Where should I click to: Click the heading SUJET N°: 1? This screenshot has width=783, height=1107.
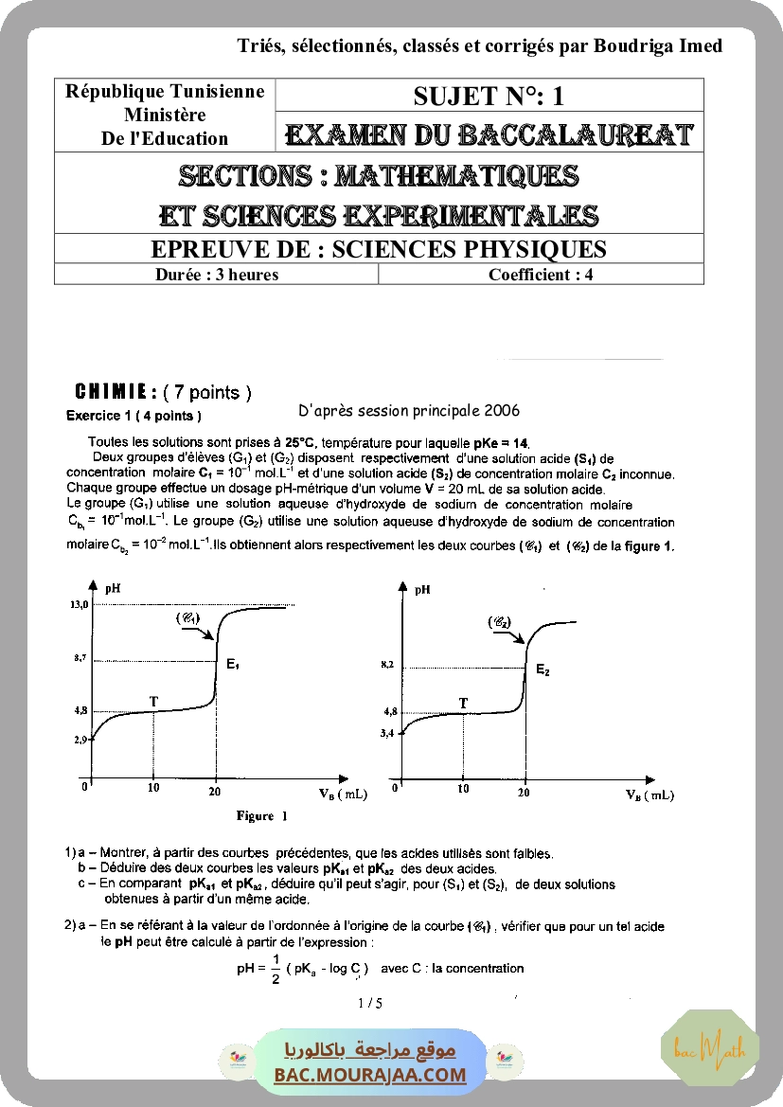pyautogui.click(x=489, y=96)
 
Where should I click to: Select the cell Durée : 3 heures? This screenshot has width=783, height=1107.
pyautogui.click(x=217, y=275)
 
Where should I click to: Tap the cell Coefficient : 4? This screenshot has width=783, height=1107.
pyautogui.click(x=541, y=275)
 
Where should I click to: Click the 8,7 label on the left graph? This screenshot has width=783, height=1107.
pyautogui.click(x=80, y=657)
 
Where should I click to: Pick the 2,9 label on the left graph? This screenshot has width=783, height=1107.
pyautogui.click(x=80, y=740)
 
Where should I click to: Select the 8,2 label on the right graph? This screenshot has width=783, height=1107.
pyautogui.click(x=386, y=666)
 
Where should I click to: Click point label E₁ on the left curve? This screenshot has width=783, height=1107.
pyautogui.click(x=232, y=665)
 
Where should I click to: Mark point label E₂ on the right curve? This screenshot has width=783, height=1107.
pyautogui.click(x=543, y=670)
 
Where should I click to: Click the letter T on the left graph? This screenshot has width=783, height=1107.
pyautogui.click(x=154, y=701)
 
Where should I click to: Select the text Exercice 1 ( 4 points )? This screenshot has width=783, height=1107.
pyautogui.click(x=133, y=415)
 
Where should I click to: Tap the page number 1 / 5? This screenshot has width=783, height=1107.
pyautogui.click(x=370, y=1003)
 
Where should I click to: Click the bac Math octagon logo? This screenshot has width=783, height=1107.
pyautogui.click(x=709, y=1047)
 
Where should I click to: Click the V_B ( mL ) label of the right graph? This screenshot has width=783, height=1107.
pyautogui.click(x=650, y=795)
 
